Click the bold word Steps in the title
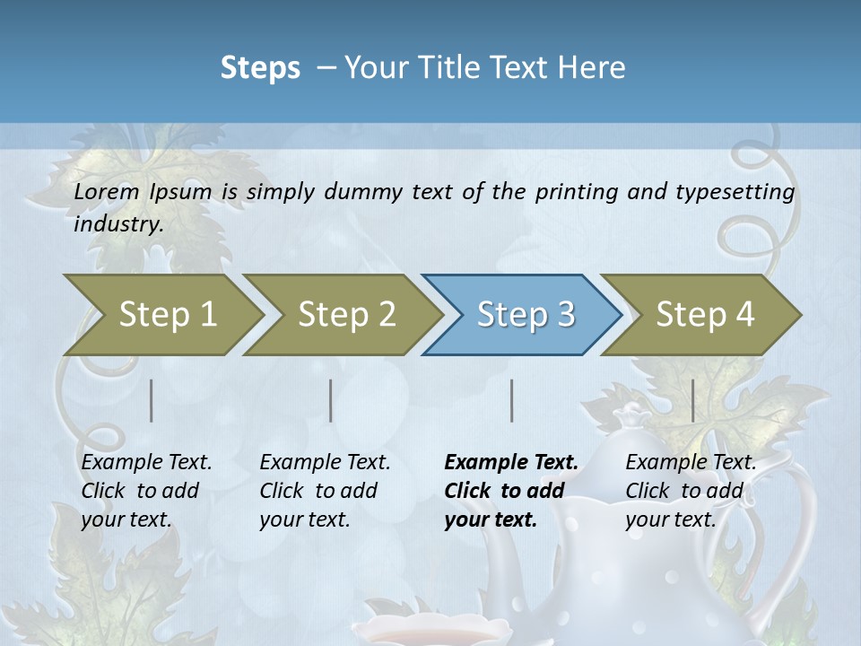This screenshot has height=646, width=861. (x=260, y=68)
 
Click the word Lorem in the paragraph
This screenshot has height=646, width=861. (x=107, y=192)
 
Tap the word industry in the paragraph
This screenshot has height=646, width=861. (x=117, y=224)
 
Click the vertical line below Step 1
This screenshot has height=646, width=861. (x=152, y=400)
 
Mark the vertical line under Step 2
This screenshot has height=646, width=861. (x=331, y=400)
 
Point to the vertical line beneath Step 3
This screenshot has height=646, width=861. (x=512, y=400)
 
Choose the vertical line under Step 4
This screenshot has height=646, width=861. (x=693, y=400)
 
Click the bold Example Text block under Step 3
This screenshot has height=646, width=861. (x=510, y=491)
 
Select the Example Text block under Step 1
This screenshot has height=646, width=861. (x=146, y=491)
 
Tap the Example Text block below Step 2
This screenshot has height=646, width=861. (x=325, y=491)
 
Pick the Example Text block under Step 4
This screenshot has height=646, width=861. (x=690, y=491)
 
